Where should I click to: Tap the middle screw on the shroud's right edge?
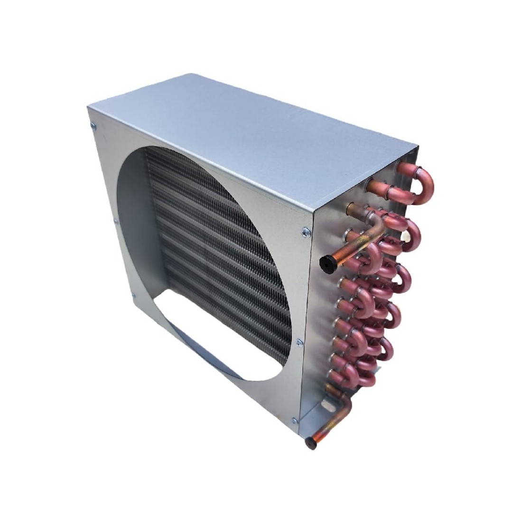click(298, 341)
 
